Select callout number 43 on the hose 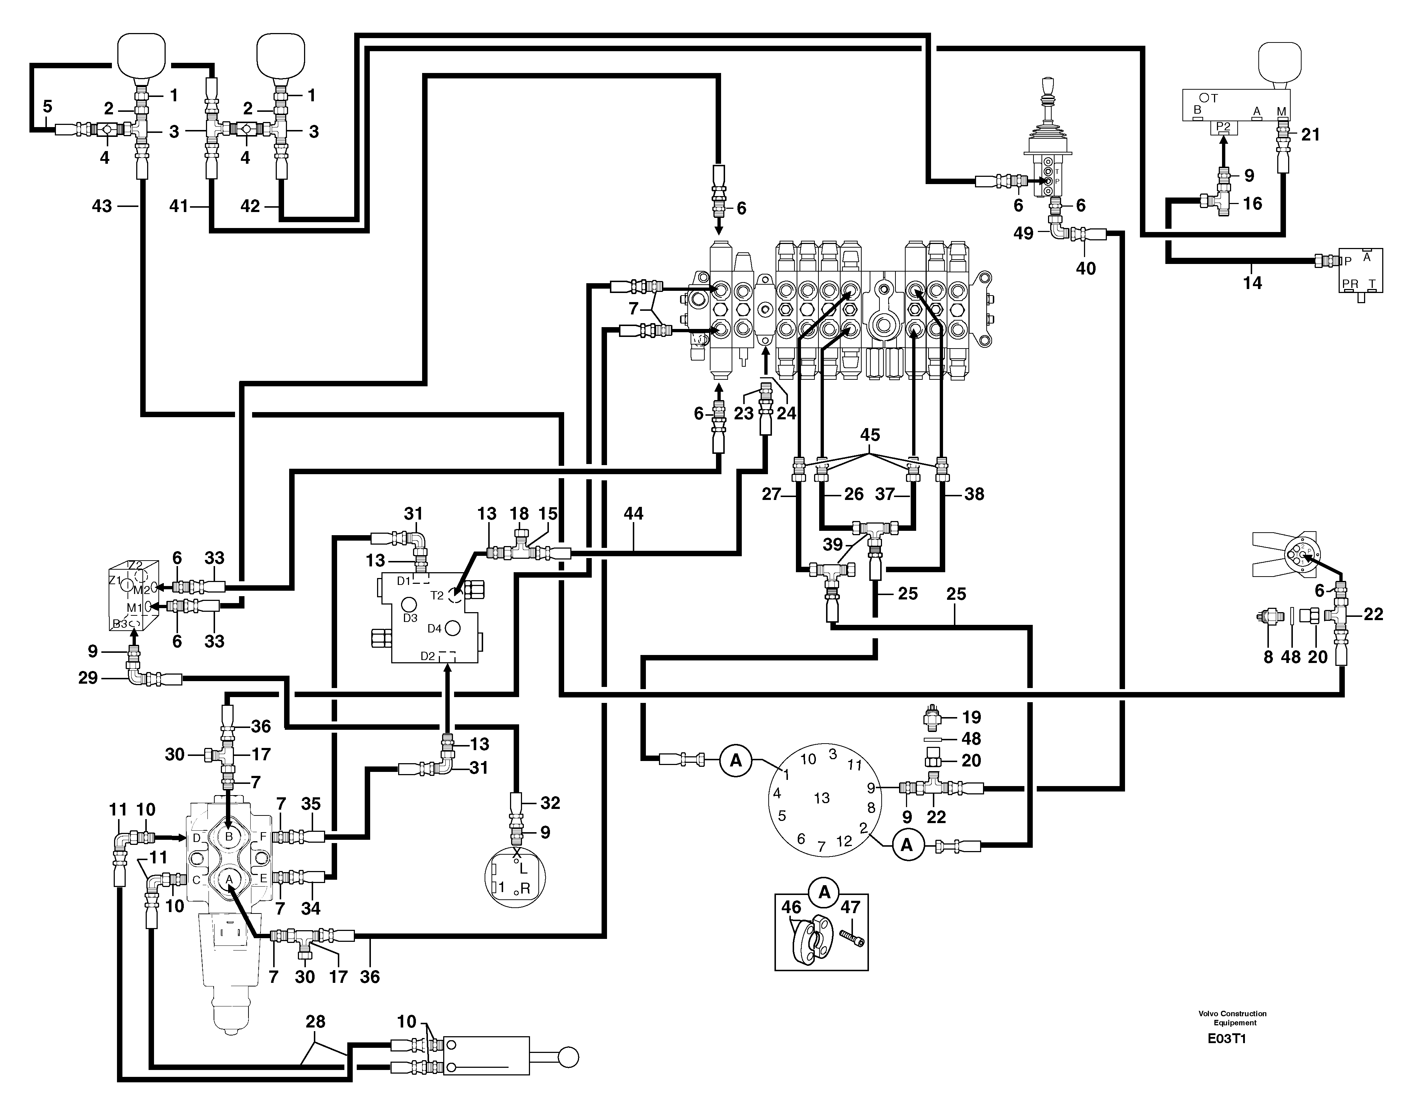point(102,206)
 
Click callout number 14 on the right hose point(1252,283)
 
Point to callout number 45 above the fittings point(869,435)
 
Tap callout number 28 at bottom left point(315,1022)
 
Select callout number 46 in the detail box point(791,907)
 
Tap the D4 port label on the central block point(435,628)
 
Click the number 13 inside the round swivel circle point(822,798)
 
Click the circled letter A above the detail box point(824,892)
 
